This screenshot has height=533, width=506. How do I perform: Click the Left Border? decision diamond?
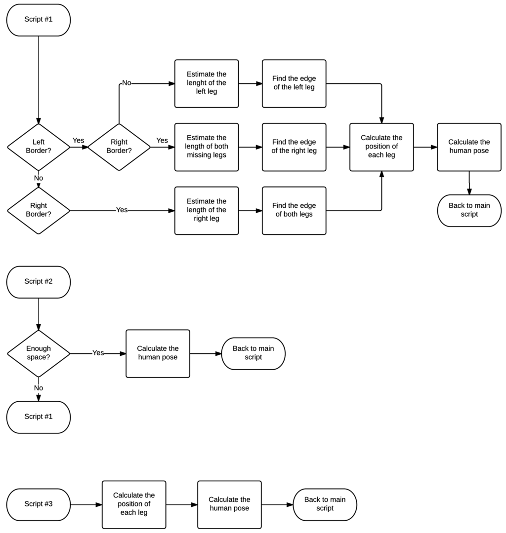tap(39, 147)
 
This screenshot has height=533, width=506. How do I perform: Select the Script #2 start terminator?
tap(39, 282)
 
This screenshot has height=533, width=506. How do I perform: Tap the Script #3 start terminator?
tap(39, 504)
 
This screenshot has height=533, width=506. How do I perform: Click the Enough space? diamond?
tap(39, 353)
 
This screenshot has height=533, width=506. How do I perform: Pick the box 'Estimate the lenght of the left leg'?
tap(207, 83)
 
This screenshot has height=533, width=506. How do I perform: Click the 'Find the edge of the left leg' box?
tap(294, 83)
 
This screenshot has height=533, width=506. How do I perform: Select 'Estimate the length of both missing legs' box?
tap(207, 147)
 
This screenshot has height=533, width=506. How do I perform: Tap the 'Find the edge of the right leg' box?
tap(294, 147)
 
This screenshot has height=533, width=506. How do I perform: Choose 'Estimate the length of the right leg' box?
tap(207, 210)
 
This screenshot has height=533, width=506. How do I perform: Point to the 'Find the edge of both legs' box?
tap(294, 210)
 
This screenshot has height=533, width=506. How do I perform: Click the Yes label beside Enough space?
tap(98, 353)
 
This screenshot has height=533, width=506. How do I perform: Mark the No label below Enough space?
tap(39, 388)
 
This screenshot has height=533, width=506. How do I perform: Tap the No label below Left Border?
tap(39, 178)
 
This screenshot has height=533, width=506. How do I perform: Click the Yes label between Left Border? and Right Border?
tap(79, 141)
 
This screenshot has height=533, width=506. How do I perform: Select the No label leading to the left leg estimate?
tap(126, 83)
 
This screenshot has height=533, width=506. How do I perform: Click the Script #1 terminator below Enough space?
tap(39, 417)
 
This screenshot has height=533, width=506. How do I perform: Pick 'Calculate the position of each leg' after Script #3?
tap(134, 504)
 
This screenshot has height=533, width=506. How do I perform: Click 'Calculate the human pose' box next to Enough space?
tap(158, 353)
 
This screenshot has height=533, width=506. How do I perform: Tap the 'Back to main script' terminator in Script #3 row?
tap(325, 504)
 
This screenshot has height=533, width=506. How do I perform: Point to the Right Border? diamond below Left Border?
tap(39, 210)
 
